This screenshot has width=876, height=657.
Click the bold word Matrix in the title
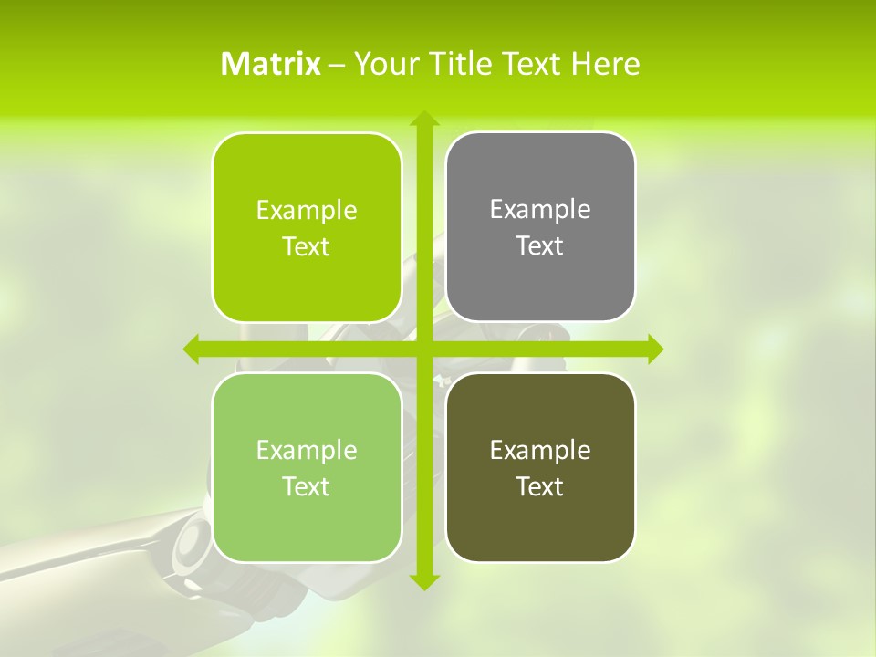click(271, 64)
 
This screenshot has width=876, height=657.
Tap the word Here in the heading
click(606, 64)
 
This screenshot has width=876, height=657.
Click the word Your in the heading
click(385, 64)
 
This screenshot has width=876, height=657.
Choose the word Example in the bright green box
click(307, 211)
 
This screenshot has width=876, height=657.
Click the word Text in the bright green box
click(307, 247)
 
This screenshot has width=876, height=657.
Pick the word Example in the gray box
click(540, 210)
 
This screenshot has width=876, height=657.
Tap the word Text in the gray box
click(540, 246)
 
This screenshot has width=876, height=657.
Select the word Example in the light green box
click(307, 450)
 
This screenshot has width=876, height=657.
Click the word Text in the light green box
click(307, 486)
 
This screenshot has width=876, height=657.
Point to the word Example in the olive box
click(540, 450)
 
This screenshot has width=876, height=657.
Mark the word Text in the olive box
click(540, 486)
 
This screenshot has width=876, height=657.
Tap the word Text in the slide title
click(531, 64)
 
